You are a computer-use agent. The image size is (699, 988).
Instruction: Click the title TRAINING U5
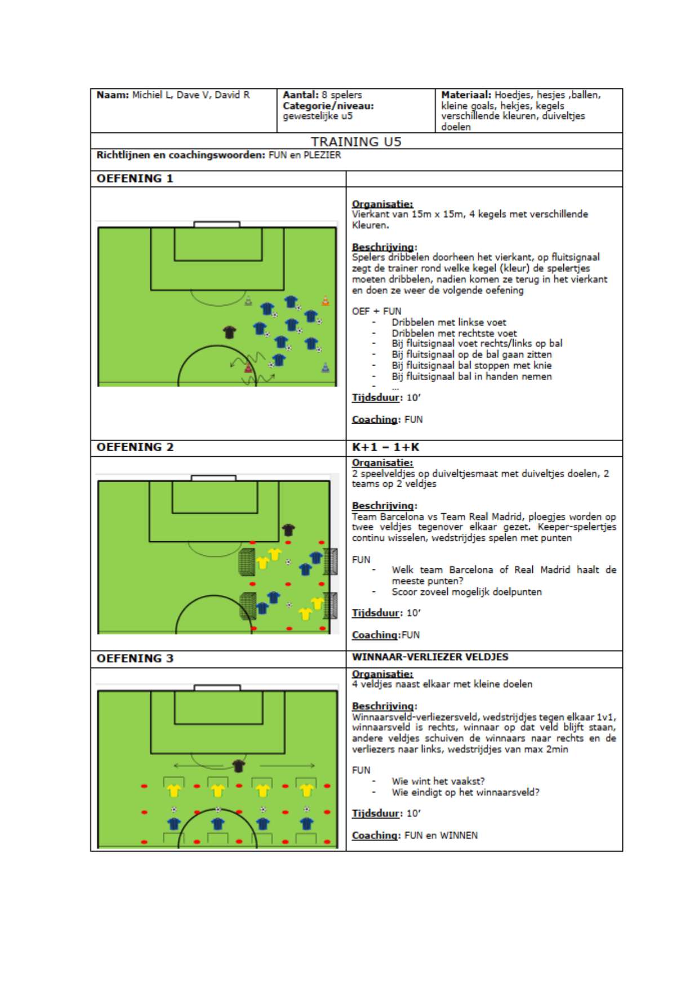(x=356, y=141)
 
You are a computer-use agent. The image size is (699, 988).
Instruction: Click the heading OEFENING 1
(x=135, y=179)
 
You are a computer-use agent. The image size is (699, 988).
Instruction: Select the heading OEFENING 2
(x=135, y=447)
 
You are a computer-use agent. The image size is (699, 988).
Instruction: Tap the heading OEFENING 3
(x=135, y=658)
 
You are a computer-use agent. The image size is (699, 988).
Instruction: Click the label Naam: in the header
(x=113, y=95)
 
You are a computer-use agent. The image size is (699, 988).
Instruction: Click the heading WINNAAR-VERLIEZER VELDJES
(x=430, y=657)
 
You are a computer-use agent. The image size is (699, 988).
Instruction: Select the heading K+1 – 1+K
(x=385, y=447)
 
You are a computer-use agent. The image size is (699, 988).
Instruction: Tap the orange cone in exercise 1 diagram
(x=325, y=301)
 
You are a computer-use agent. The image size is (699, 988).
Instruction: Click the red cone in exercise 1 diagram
(x=248, y=367)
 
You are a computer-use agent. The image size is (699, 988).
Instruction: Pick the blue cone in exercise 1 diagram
(x=325, y=367)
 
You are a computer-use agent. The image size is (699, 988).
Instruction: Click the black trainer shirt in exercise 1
(x=229, y=332)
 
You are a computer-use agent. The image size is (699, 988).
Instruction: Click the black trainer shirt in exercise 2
(x=288, y=529)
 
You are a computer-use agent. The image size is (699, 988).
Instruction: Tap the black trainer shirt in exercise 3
(x=239, y=766)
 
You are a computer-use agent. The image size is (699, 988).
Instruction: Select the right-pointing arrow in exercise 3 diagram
(x=287, y=766)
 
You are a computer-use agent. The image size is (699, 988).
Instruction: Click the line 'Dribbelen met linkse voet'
(x=449, y=322)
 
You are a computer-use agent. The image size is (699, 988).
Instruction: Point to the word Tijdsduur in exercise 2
(x=376, y=613)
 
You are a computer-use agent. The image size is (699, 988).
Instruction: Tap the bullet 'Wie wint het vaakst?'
(x=438, y=781)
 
